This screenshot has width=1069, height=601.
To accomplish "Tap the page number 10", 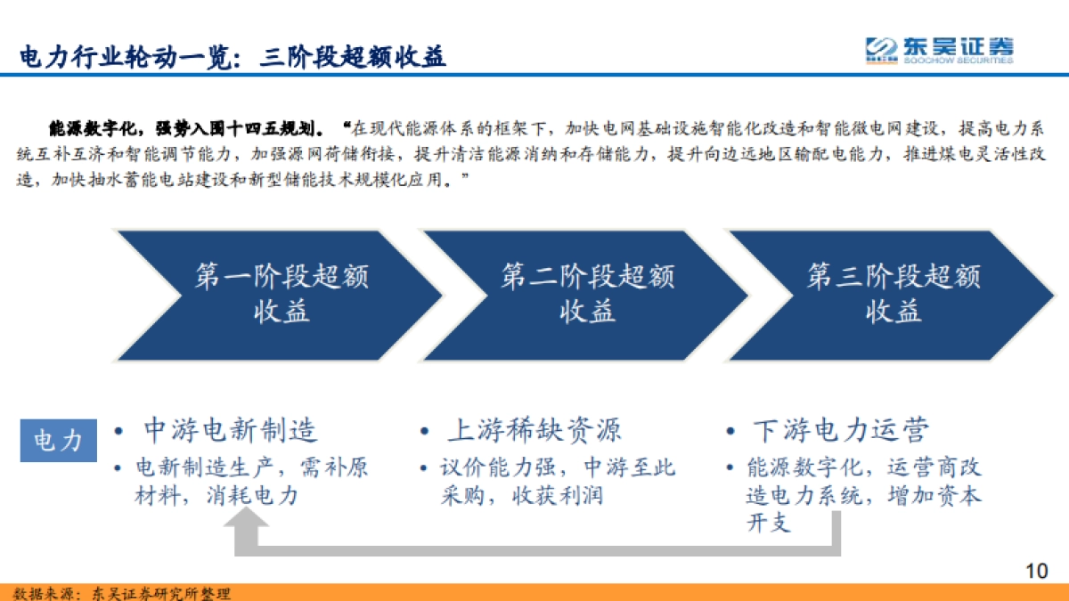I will (x=1036, y=571).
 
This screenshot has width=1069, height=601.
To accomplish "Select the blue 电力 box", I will (x=59, y=440).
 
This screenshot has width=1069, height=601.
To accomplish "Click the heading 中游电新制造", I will (x=230, y=431).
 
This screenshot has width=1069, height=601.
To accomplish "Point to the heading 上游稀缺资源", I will (x=534, y=431).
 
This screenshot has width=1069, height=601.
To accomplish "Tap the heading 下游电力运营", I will (x=840, y=431).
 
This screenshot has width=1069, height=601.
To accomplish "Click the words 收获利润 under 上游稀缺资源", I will (x=558, y=496).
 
